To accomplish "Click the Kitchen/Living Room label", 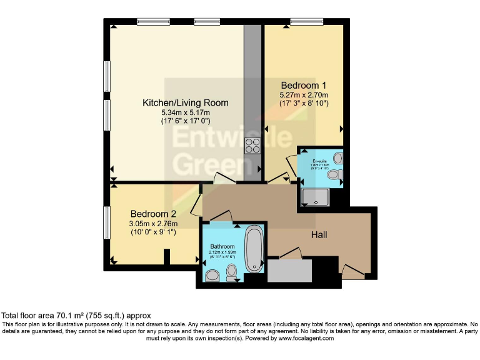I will click(x=185, y=102).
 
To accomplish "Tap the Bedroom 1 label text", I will click(x=304, y=85).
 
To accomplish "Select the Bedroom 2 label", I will click(x=153, y=214).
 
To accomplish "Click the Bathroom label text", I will click(x=222, y=247).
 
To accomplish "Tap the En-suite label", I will click(x=320, y=161).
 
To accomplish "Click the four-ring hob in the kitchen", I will click(x=253, y=146).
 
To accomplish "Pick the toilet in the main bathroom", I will click(x=232, y=271).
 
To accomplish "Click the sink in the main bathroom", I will click(x=212, y=275).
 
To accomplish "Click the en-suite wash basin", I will click(x=338, y=158).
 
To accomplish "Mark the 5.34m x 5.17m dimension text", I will click(x=185, y=112).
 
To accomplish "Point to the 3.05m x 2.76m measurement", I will click(x=153, y=224).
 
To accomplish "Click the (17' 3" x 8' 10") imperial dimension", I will click(x=304, y=103).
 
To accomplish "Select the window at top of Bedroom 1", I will click(x=306, y=22).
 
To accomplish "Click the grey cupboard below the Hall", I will click(x=289, y=271).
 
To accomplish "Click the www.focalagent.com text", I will click(x=306, y=338).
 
